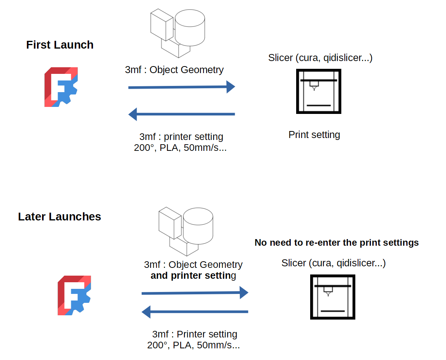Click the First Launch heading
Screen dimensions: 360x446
click(60, 45)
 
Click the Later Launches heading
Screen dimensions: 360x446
click(60, 217)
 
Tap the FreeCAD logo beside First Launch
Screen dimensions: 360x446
click(61, 87)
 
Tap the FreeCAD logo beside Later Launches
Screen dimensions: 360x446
click(74, 295)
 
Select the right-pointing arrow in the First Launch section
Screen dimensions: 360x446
click(181, 87)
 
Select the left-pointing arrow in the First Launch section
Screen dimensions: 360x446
click(181, 114)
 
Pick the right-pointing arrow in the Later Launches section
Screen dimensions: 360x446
click(195, 293)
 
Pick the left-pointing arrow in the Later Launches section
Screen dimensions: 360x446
click(195, 312)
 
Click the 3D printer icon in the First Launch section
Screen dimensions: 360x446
click(318, 91)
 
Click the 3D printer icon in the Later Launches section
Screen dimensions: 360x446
click(332, 297)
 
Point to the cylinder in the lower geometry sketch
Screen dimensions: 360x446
click(198, 226)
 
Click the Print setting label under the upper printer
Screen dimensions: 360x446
click(314, 135)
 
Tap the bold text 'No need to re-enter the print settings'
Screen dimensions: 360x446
click(337, 243)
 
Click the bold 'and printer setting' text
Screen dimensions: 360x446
click(193, 276)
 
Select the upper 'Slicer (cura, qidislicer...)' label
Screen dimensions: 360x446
click(320, 58)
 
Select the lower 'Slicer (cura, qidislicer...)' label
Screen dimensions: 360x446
click(334, 263)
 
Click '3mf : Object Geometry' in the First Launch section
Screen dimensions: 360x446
click(174, 70)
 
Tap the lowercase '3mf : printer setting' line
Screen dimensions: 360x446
click(181, 137)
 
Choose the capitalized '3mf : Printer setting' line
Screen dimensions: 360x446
click(195, 334)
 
